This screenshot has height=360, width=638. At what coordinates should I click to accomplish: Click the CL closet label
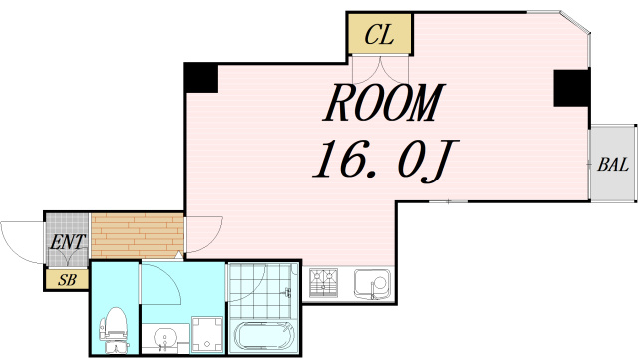point(379,35)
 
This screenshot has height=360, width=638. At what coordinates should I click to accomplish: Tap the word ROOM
point(384,103)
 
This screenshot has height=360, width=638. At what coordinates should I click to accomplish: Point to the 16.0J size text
point(386,160)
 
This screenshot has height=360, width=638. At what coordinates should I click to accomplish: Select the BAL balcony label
point(613,165)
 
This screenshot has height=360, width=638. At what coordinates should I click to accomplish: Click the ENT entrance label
point(67,242)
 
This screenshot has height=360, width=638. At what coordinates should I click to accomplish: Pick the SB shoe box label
point(67,280)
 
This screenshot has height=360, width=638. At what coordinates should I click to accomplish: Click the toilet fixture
point(115,330)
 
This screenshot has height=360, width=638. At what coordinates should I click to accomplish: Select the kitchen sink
point(372,284)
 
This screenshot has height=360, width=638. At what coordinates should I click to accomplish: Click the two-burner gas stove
point(323,282)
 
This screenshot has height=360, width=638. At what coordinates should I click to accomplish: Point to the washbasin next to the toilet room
point(165,338)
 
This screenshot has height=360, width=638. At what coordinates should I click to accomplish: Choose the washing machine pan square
point(207,335)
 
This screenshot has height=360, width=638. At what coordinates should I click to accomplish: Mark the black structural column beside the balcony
point(571,88)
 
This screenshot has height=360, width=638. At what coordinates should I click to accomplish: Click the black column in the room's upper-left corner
point(201,78)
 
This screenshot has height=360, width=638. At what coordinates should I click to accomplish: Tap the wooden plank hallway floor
point(138,235)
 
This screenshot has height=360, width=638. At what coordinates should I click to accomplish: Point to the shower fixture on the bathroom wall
point(288,291)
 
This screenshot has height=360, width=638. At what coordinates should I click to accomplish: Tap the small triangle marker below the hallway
point(179,255)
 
